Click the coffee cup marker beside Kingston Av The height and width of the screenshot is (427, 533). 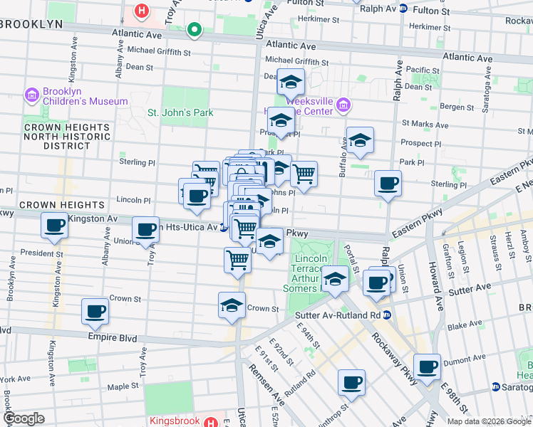click(x=54, y=226)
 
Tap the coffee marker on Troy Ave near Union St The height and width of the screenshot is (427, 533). click(x=146, y=229)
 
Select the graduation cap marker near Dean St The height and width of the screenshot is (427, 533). click(x=291, y=83)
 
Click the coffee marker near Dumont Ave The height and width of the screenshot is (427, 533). click(x=427, y=367)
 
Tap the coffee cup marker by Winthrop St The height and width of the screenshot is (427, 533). click(x=351, y=383)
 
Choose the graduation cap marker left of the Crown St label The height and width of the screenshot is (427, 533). click(x=231, y=306)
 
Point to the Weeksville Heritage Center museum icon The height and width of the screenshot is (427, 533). click(x=343, y=105)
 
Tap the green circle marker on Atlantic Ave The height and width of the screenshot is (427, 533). click(x=193, y=31)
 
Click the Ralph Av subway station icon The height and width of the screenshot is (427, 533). click(x=403, y=9)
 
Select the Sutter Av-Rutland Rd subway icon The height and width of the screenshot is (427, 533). click(x=386, y=315)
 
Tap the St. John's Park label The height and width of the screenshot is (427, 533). click(x=180, y=112)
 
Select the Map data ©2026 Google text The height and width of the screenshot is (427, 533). click(x=488, y=421)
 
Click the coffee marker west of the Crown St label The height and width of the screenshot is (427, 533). click(x=95, y=310)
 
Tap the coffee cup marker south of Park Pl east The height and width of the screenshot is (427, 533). click(x=388, y=184)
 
